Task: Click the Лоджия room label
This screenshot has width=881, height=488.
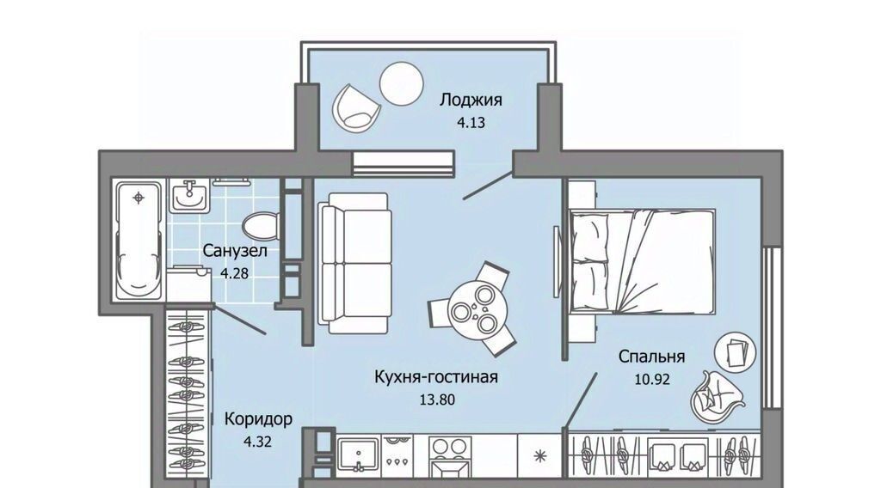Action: pos(471,101)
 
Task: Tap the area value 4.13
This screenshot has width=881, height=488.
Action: pos(471,122)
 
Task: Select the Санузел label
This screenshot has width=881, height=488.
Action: pos(235,250)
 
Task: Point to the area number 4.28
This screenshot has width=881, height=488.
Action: pos(234,274)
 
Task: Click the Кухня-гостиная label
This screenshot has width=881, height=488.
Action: pos(436,377)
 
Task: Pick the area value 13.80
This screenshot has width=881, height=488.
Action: pos(437,400)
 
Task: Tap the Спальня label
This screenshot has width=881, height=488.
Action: pos(652,357)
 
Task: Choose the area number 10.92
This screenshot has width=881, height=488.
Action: pos(652,380)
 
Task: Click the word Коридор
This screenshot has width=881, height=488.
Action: pos(258,419)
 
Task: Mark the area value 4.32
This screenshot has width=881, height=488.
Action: pos(257,442)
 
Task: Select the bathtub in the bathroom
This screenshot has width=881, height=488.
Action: pos(139,240)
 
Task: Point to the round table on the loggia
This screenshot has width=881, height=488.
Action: pos(401,83)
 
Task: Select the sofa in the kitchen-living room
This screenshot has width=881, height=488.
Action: pos(355,263)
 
